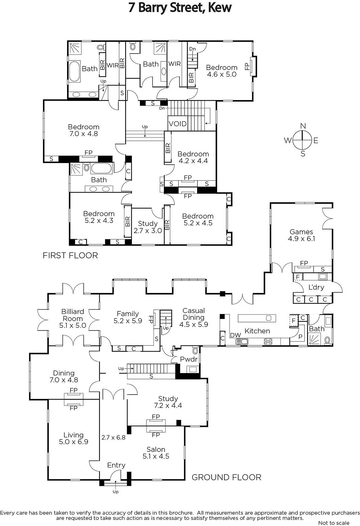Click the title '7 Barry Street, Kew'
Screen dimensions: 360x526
click(180, 8)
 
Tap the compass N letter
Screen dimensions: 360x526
click(303, 126)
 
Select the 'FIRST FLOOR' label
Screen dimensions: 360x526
click(70, 255)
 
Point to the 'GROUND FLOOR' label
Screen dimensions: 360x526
click(226, 477)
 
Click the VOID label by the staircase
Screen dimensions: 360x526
click(178, 124)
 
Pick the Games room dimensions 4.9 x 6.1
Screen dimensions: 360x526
click(301, 239)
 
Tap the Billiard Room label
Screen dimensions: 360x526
click(73, 315)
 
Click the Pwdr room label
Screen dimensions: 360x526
click(189, 359)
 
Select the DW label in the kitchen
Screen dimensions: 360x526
click(236, 335)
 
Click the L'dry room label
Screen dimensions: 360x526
click(316, 287)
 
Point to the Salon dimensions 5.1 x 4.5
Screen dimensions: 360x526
click(156, 456)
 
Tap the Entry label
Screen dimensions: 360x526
click(116, 465)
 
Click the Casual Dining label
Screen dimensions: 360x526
click(193, 314)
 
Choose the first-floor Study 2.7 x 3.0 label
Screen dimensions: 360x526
click(147, 227)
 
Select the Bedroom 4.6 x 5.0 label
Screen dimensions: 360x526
click(221, 71)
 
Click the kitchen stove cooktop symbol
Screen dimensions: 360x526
click(268, 342)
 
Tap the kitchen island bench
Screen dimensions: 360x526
click(257, 318)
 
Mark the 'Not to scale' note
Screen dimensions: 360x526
click(333, 523)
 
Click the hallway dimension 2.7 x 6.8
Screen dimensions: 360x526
click(113, 438)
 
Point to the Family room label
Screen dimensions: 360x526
click(128, 314)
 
